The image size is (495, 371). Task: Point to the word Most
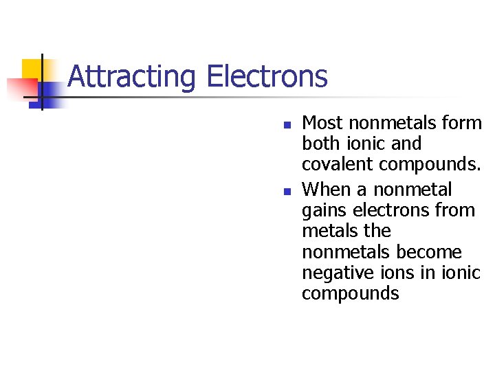click(x=323, y=123)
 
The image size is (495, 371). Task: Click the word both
click(x=322, y=144)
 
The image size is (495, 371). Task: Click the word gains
click(x=322, y=210)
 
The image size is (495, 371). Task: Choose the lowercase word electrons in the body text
click(x=395, y=210)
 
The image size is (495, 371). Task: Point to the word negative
click(x=333, y=273)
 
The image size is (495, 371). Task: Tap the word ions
click(x=393, y=273)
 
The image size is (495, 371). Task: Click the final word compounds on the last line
click(x=350, y=294)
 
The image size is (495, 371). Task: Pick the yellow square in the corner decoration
click(x=32, y=69)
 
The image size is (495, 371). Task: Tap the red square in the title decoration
click(x=21, y=89)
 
